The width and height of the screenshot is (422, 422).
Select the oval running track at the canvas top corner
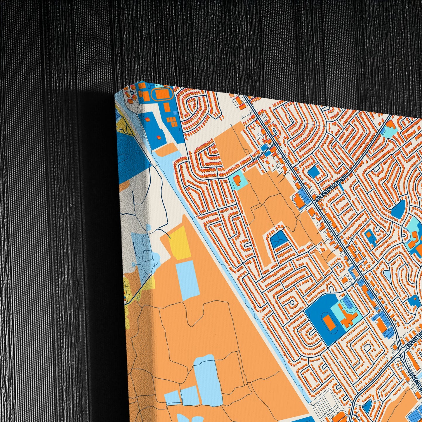click(160, 94)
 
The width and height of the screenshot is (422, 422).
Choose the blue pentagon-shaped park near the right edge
click(399, 209)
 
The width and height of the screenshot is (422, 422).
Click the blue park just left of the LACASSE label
click(314, 172)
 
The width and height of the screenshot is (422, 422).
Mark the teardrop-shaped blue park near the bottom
click(367, 406)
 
